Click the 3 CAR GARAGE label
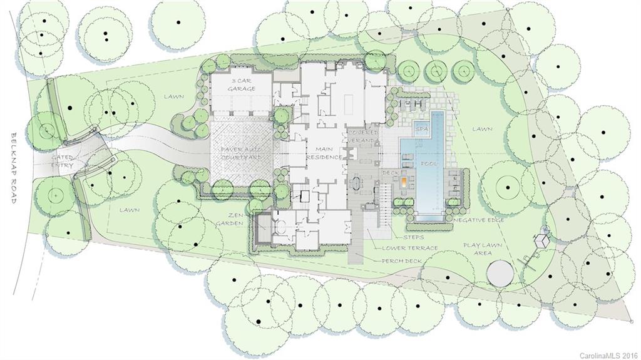[x=241, y=85]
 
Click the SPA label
[x=421, y=129]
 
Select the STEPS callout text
[x=414, y=237]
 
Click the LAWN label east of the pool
[x=482, y=129]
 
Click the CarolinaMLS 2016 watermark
[x=607, y=355]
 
